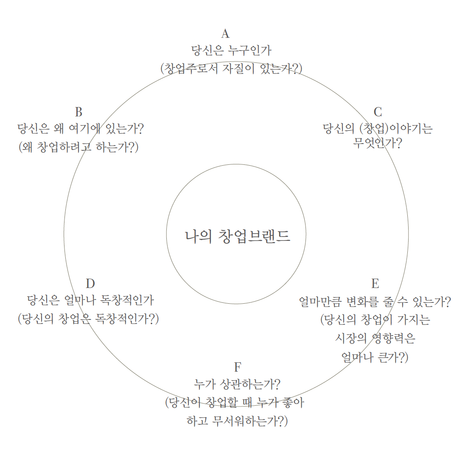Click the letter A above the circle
click(225, 34)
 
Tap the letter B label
click(78, 112)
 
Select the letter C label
click(378, 112)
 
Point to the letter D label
click(90, 284)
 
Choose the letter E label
click(375, 284)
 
